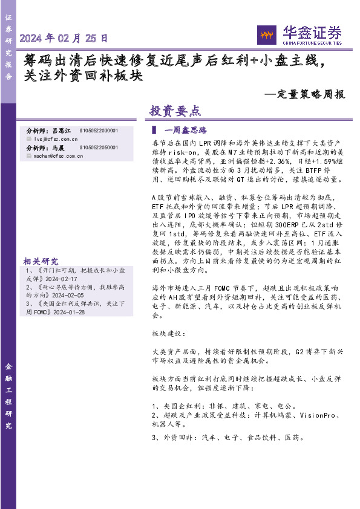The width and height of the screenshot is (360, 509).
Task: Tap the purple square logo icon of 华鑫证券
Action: (267, 35)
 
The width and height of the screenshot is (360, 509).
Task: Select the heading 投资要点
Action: (174, 111)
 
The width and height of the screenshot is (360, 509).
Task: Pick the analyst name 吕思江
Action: (61, 131)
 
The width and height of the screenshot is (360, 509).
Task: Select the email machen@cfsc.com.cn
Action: (54, 155)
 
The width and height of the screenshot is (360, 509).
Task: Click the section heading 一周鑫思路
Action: (186, 130)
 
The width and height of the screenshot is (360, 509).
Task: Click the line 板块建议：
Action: (165, 334)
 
